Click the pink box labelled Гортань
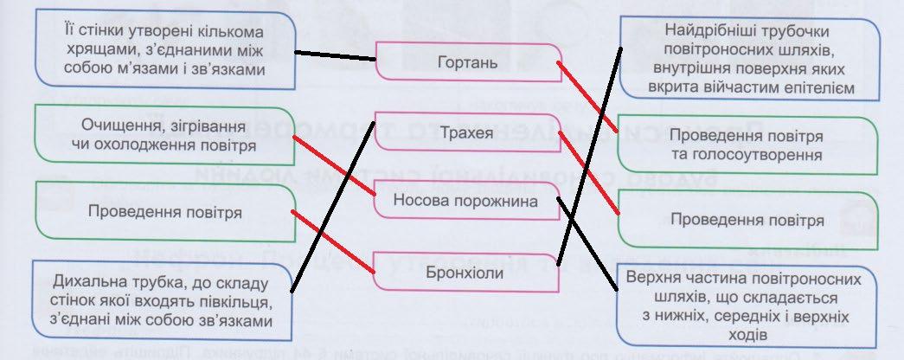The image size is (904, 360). pyautogui.click(x=468, y=62)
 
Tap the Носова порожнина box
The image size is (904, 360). pyautogui.click(x=466, y=201)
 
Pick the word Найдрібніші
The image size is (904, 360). pyautogui.click(x=691, y=27)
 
